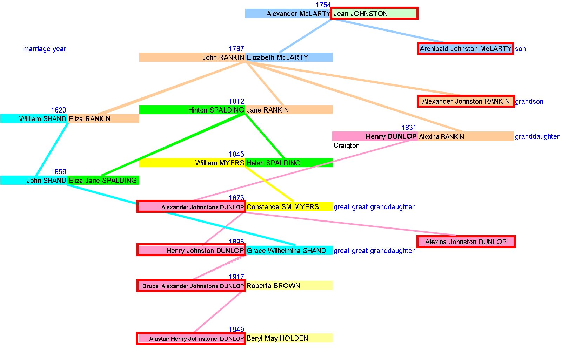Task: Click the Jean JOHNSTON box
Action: click(374, 13)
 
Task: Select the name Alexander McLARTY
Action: click(298, 14)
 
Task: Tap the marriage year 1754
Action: click(323, 5)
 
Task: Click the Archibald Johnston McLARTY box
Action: click(466, 49)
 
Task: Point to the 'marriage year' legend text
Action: click(45, 49)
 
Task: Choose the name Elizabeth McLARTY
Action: click(277, 57)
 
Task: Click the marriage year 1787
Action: click(236, 49)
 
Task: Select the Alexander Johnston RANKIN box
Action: click(466, 101)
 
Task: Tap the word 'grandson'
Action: click(529, 101)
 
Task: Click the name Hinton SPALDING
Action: click(216, 110)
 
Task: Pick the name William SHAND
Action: click(42, 119)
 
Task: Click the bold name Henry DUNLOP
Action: click(391, 136)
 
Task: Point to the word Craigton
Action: click(346, 145)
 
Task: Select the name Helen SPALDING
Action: click(273, 163)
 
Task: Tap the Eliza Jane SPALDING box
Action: click(103, 181)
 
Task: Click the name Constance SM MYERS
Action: click(282, 207)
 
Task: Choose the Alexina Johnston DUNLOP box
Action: click(466, 242)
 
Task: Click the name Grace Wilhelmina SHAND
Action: click(286, 251)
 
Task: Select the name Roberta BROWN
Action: click(273, 286)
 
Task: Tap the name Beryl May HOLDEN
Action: click(277, 338)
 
